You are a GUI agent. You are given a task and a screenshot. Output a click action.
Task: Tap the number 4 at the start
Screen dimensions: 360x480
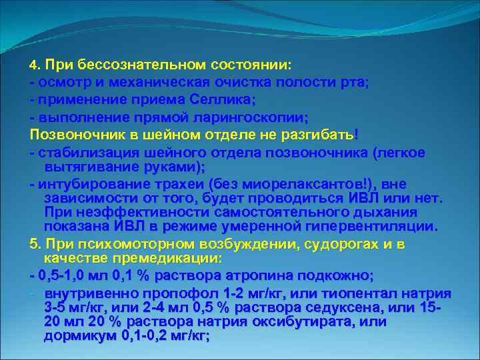coord(33,67)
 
